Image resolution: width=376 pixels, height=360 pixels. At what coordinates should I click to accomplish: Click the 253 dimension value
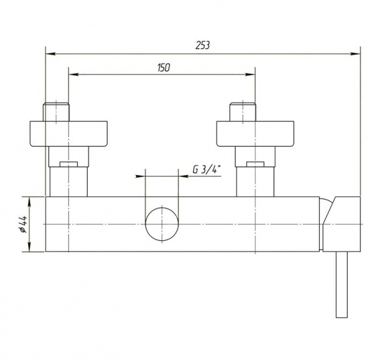202,45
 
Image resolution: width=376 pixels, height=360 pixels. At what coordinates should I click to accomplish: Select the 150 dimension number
164,68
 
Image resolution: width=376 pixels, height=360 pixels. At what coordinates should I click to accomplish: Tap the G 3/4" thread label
207,170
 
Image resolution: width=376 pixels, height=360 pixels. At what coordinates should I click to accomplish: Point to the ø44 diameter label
23,224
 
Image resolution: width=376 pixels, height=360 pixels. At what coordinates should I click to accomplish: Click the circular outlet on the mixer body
162,224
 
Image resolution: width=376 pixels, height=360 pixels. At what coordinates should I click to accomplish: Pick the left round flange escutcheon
68,134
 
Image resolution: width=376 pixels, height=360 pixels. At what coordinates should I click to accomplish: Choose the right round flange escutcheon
255,134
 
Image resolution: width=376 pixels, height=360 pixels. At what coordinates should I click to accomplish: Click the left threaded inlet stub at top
56,112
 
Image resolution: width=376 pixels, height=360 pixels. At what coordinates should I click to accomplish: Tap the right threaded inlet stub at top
243,112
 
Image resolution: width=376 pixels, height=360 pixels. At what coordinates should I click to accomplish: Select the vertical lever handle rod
342,285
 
